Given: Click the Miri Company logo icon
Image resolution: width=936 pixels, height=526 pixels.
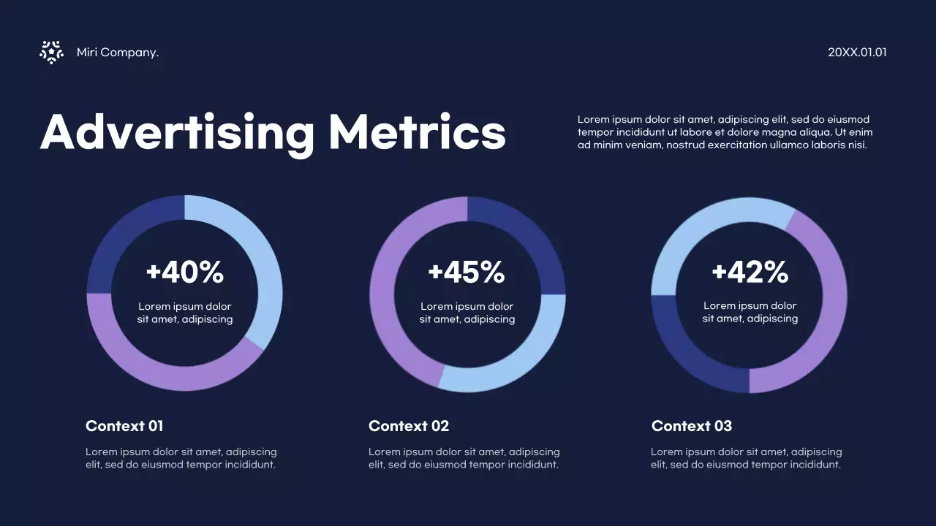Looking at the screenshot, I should coord(51,52).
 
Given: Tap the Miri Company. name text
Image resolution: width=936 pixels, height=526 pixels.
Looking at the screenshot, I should coord(117,53).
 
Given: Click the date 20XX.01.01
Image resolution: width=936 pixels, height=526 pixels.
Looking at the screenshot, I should coord(857,53).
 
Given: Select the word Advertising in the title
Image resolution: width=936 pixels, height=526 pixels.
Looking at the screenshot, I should coord(177,133).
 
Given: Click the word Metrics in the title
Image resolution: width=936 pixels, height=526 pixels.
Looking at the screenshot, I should coord(417,133).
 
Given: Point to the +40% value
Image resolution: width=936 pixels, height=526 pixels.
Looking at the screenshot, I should coord(184,272).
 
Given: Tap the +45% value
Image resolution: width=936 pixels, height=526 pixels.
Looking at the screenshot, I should coord(467,272).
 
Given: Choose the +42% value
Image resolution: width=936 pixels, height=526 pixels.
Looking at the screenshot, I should coord(750,272).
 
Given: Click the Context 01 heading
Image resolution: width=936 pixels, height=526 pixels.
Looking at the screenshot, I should coord(124,426).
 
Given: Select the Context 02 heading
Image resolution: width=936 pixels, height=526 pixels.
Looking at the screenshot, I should coord(409,426).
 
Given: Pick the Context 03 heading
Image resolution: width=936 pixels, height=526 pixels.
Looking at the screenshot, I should coord(692,426).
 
